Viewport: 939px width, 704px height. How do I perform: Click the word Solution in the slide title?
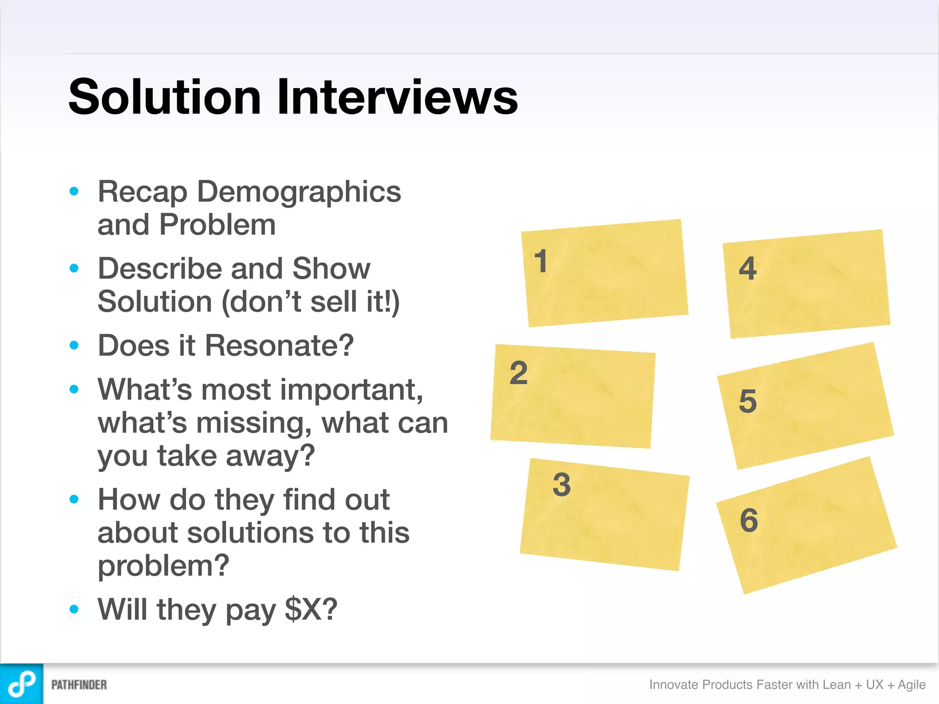[165, 97]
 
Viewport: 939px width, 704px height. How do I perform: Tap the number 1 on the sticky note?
[541, 261]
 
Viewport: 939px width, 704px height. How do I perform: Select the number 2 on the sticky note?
[519, 373]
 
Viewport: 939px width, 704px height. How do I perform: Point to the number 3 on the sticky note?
[562, 484]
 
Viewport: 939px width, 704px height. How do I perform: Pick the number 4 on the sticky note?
[748, 269]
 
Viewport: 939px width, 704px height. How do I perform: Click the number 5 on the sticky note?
[748, 401]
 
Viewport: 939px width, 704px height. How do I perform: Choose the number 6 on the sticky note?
[749, 520]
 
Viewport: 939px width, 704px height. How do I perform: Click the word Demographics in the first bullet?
[299, 192]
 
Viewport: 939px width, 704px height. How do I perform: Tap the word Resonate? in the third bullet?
[279, 346]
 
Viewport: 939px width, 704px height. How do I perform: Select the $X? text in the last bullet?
[311, 610]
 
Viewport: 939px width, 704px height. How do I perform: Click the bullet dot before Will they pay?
[74, 609]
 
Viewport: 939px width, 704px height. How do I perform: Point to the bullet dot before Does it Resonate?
[74, 345]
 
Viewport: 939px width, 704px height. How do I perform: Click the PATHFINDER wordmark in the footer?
[79, 685]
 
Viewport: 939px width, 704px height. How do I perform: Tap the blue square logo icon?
[22, 684]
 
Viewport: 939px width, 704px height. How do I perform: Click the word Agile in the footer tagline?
[911, 685]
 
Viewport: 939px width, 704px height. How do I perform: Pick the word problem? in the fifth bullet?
[163, 566]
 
